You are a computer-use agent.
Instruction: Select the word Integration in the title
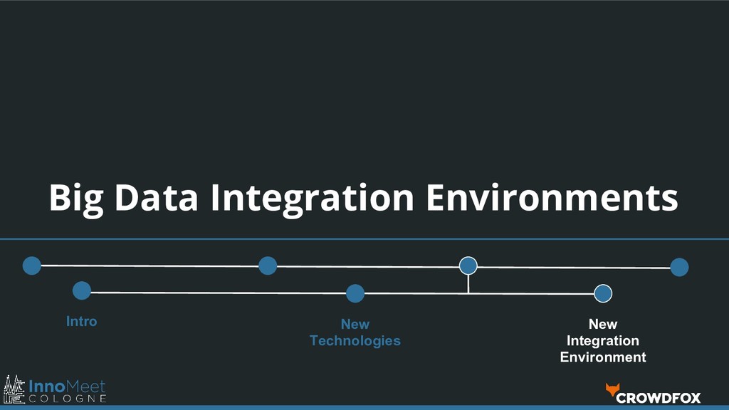coord(312,198)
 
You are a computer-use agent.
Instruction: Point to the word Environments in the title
coord(552,197)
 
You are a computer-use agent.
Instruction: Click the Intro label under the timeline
coord(81,321)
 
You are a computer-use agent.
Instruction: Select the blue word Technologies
coord(355,341)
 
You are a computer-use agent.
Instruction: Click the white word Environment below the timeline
coord(603,357)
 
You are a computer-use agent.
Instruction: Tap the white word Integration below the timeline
coord(603,341)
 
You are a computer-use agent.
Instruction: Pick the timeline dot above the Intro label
coord(82,290)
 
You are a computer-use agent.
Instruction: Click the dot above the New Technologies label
coord(355,293)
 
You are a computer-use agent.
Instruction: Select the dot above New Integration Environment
coord(603,293)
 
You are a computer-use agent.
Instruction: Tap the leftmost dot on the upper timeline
coord(31,266)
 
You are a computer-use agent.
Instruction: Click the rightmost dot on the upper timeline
coord(679,267)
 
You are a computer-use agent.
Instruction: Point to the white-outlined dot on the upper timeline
coord(468,266)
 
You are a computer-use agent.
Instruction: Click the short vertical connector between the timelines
coord(468,283)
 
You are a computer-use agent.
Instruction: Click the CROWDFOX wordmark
coord(659,397)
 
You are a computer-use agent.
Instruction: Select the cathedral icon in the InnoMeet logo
coord(14,389)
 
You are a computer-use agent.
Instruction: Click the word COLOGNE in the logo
coord(68,399)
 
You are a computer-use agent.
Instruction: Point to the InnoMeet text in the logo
coord(67,386)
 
